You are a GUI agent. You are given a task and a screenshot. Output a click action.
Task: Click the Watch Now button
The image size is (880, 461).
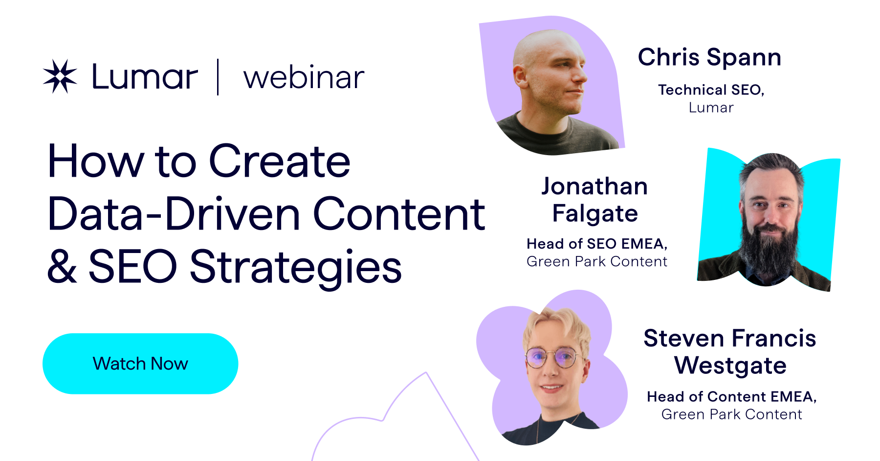140,364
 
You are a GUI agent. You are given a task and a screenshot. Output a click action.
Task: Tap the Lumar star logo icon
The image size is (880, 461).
60,76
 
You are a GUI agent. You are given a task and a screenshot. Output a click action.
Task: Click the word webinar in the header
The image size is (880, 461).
304,77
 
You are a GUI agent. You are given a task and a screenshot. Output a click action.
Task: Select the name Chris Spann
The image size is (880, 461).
709,57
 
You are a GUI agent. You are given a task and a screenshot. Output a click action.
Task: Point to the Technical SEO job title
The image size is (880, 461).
711,90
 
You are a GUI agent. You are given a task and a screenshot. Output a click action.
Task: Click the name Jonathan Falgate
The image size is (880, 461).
595,200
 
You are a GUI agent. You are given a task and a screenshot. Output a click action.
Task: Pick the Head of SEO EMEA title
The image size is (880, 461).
597,244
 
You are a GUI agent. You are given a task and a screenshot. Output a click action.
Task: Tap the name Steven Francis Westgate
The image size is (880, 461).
730,352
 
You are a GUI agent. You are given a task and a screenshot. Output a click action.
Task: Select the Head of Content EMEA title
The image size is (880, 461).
731,396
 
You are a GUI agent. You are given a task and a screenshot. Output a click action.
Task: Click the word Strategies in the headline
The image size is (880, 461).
296,267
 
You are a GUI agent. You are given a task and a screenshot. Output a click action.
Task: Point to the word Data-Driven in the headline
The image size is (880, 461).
174,214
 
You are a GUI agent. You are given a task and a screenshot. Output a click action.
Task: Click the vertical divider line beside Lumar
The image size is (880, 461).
218,77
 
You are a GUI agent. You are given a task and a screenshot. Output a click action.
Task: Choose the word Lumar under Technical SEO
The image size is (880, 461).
711,108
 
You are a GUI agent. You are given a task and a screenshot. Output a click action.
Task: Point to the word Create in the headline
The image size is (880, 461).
280,161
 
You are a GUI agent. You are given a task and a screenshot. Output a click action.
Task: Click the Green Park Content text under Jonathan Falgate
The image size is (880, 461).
597,262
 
